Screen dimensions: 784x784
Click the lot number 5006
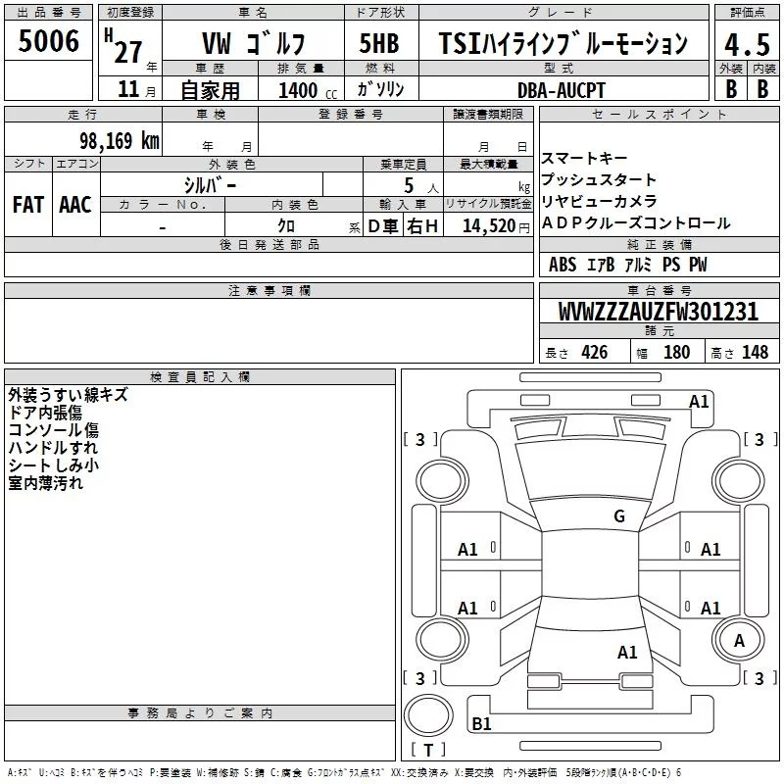tap(49, 41)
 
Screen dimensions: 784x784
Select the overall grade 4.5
tap(746, 44)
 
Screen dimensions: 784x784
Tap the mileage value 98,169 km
tap(120, 141)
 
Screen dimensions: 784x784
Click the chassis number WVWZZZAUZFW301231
tap(658, 313)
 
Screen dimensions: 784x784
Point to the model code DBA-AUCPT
tap(562, 90)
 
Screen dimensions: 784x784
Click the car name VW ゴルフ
tap(253, 44)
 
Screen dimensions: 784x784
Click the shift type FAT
tap(28, 205)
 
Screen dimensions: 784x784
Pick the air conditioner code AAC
tap(75, 205)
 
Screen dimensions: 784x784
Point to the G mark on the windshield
tap(619, 516)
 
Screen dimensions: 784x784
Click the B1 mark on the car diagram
tap(481, 724)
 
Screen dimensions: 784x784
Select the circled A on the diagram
tap(740, 640)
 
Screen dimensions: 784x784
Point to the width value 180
tap(676, 353)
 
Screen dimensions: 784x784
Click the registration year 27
tap(127, 51)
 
